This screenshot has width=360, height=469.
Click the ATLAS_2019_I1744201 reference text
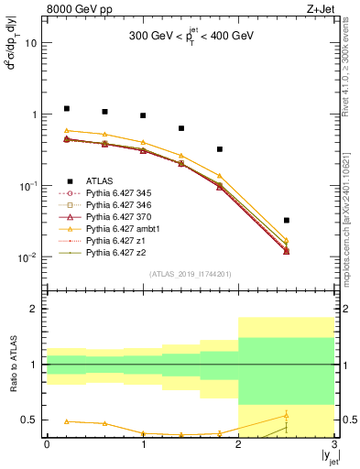click(x=190, y=274)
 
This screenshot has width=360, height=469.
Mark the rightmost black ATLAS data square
click(x=286, y=220)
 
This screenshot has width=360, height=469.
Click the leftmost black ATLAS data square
click(x=66, y=108)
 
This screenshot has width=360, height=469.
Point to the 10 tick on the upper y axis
click(x=30, y=43)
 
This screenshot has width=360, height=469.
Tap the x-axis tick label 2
click(x=238, y=445)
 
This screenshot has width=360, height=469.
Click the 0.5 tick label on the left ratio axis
click(x=28, y=420)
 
